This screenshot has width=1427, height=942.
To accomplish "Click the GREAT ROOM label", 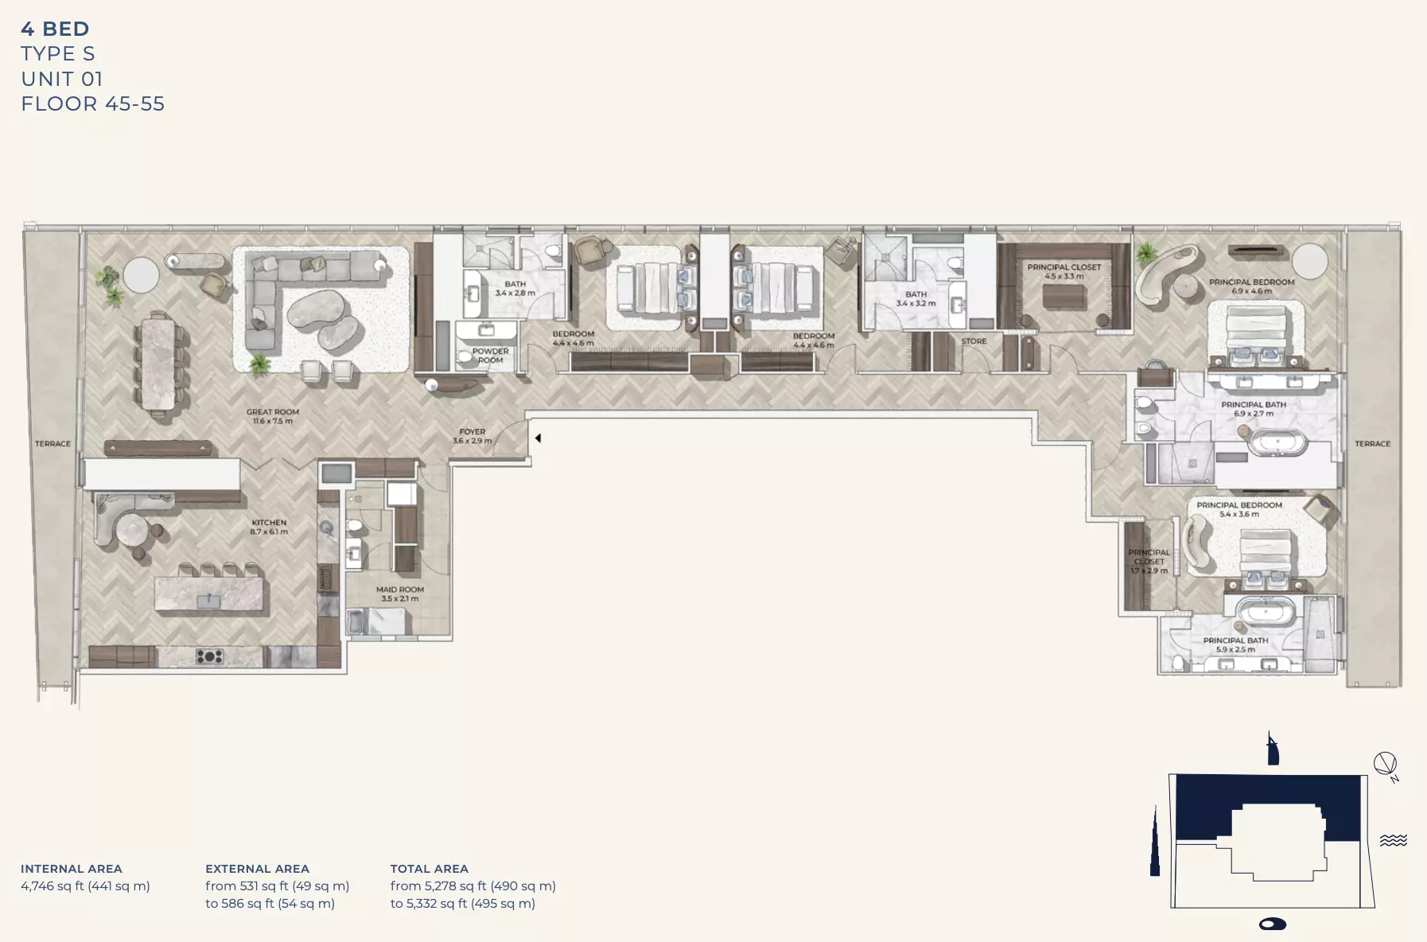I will coord(273,416).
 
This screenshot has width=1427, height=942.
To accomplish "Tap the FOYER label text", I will coord(472,436).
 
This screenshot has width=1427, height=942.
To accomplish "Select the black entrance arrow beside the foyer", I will coord(539,438).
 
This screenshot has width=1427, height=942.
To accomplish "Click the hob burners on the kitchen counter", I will coord(210,656).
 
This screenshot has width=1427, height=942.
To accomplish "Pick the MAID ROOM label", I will coord(399,594).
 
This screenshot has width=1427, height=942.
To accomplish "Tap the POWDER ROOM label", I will coord(490,356).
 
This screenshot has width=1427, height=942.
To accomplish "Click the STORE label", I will coord(974,341).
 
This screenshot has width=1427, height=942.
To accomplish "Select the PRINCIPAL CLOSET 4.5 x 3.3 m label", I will coord(1063,271).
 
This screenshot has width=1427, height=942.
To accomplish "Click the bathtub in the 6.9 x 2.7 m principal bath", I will coord(1277,443).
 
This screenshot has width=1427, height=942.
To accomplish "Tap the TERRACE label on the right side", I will coord(1372,444).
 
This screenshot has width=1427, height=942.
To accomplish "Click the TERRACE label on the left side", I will coord(52,444).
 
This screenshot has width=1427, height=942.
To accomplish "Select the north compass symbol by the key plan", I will coord(1386,765).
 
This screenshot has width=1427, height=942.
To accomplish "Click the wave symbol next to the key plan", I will coord(1393,840).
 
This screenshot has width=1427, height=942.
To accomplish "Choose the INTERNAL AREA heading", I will coord(72,869).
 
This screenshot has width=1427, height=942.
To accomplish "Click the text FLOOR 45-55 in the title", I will coord(92,104).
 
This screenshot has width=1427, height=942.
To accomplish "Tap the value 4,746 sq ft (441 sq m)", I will coord(85,886).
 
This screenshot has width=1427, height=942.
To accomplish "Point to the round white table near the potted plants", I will coord(142,275).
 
